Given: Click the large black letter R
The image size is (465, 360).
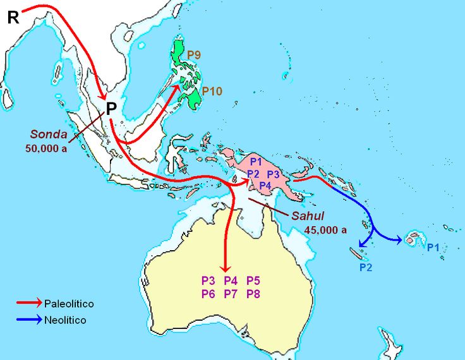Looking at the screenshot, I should point(13,18).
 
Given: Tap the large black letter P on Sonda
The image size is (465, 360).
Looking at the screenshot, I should point(111,109).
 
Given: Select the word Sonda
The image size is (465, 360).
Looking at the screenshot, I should point(49,134).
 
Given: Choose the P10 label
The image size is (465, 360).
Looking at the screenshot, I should point(212,92).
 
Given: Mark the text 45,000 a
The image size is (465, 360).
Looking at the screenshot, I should point(325,230).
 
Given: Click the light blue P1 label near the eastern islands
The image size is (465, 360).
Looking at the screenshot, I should point(433,248).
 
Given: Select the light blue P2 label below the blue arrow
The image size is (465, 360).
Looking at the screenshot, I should point(366,267).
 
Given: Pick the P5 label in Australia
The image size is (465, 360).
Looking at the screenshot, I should point(253,280).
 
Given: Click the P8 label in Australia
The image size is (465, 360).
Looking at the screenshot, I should point(253,294).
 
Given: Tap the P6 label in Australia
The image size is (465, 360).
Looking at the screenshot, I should point(208,294).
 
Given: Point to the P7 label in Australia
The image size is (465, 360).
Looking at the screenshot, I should point(231,294).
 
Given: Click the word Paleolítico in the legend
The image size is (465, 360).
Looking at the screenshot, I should point(69,304).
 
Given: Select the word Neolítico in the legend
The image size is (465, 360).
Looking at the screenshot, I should point(65,320).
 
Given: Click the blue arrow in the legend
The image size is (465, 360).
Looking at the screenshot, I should point(29,320).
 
